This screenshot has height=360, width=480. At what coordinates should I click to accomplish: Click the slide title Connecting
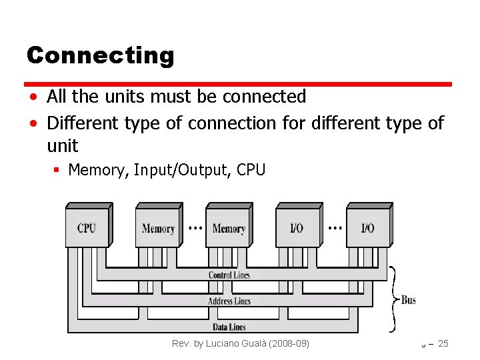[x=100, y=55]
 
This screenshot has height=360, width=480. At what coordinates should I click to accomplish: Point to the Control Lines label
[x=229, y=275]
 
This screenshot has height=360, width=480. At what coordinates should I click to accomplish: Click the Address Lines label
[x=229, y=301]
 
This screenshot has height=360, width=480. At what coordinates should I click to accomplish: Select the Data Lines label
[x=229, y=327]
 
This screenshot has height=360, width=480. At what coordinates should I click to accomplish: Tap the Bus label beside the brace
[x=409, y=300]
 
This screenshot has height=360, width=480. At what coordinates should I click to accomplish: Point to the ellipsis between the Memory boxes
[x=195, y=227]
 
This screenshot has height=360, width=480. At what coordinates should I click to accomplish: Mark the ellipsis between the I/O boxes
[x=335, y=227]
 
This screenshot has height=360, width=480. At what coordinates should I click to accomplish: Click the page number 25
[x=443, y=343]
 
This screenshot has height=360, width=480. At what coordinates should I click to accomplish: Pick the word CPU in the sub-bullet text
[x=251, y=170]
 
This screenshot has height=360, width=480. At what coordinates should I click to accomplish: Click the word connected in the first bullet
[x=264, y=97]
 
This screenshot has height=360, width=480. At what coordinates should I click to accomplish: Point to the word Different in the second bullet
[x=79, y=123]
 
